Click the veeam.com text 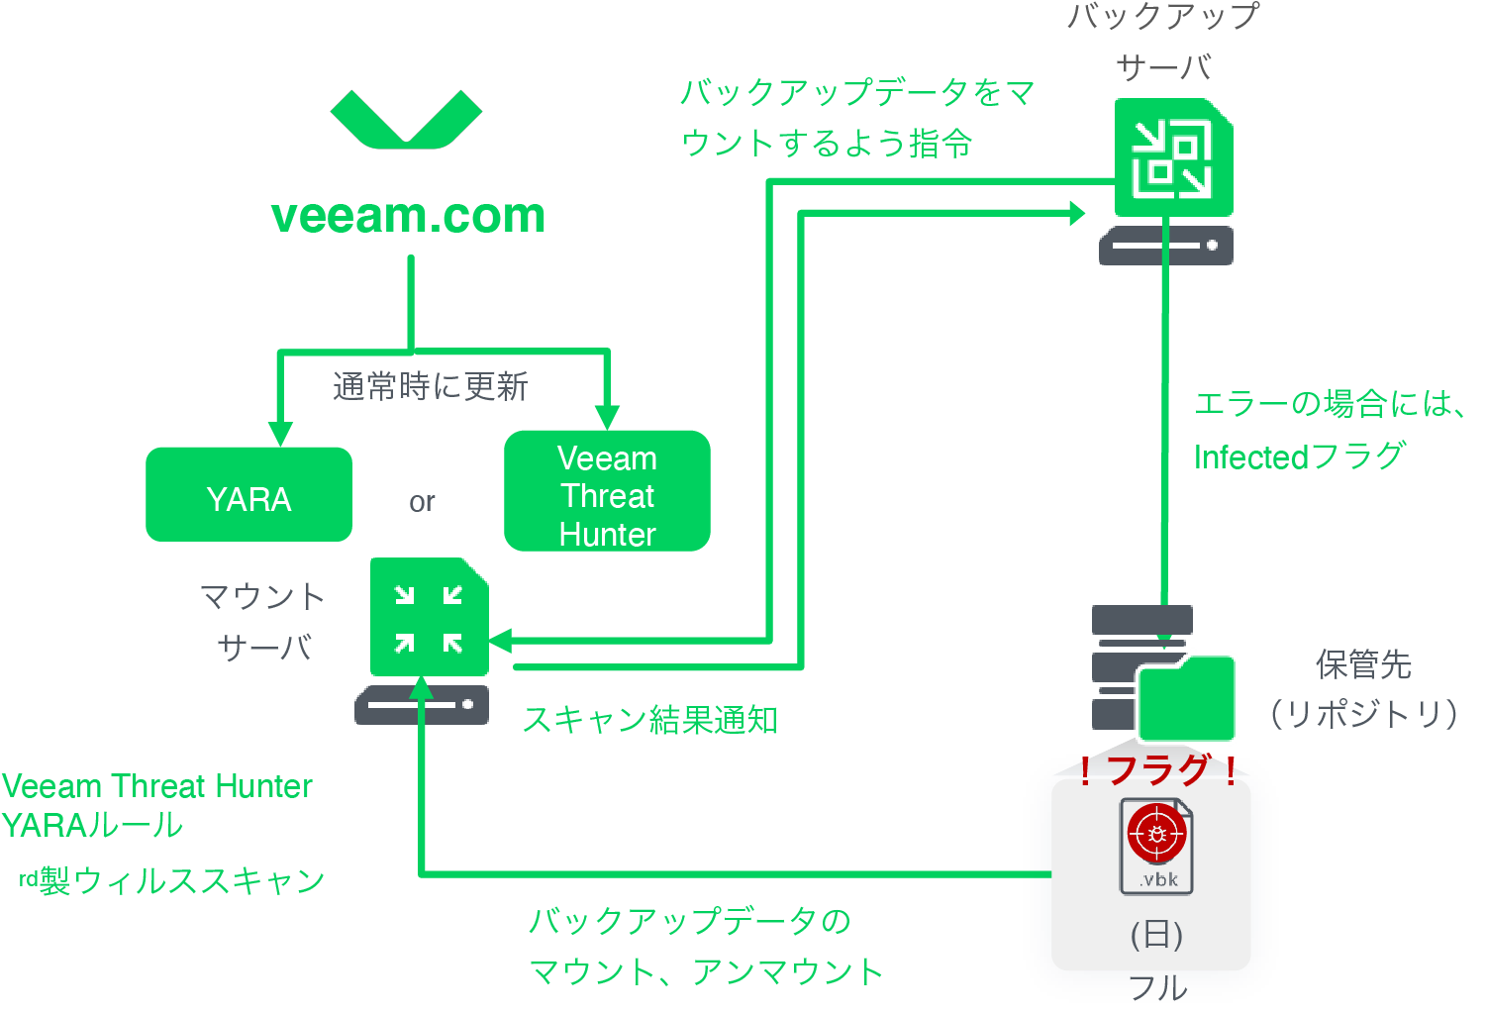pos(408,216)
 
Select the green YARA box pos(248,495)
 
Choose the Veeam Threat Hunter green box pos(607,491)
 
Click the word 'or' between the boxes pos(422,502)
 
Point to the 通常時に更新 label pos(430,386)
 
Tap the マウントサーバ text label pos(263,622)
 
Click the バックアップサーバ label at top pos(1163,42)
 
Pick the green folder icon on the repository pos(1186,699)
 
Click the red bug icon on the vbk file pos(1155,834)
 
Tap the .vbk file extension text pos(1157,879)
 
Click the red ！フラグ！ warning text pos(1157,769)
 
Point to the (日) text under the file pos(1157,934)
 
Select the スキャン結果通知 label pos(650,720)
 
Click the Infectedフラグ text pos(1299,456)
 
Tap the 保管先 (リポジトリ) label pos(1363,689)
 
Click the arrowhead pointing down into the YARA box pos(281,434)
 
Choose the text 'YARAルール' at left pos(92,825)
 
